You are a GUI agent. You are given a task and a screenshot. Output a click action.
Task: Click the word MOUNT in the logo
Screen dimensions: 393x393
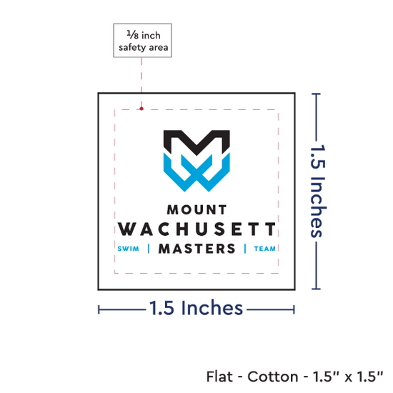196,210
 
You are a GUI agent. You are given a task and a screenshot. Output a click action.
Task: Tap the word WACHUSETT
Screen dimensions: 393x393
196,229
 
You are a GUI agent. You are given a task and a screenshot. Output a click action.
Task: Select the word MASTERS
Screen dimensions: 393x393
196,249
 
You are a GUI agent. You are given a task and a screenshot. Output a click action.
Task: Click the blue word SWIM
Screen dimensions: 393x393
128,249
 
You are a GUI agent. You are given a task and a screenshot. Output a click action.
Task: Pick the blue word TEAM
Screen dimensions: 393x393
264,249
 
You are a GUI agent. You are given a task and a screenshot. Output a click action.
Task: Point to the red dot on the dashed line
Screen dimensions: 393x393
141,109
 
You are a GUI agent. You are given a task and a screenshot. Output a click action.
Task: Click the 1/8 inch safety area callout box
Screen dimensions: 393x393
142,41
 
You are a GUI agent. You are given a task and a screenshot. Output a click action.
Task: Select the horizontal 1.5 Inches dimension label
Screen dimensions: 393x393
196,308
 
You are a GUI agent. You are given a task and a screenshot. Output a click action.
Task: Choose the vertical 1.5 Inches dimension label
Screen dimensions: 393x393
318,191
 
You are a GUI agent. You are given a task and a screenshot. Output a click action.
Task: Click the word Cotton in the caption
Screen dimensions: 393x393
273,377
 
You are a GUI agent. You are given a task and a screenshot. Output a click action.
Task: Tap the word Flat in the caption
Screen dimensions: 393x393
219,377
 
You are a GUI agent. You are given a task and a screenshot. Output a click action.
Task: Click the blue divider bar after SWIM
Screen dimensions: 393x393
149,249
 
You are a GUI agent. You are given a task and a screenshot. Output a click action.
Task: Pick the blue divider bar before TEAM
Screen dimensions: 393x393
245,249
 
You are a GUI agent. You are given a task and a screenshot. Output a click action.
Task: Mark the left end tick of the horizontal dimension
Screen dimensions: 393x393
99,310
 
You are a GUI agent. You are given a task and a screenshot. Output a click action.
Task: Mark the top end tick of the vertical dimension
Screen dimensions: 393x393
316,94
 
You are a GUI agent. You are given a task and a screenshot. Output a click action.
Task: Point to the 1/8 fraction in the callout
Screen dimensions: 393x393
133,35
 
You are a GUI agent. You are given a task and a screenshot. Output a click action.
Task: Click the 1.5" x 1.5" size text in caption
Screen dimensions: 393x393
348,377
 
